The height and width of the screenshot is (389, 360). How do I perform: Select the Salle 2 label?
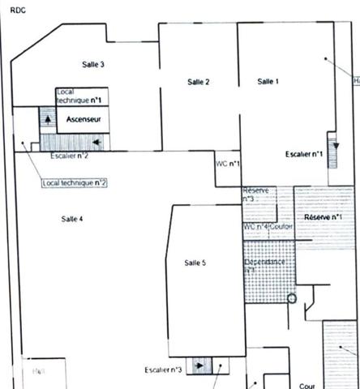pos(199,82)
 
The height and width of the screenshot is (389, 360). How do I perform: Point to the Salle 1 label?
pos(268,81)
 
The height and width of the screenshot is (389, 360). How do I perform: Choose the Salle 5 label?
pos(195,263)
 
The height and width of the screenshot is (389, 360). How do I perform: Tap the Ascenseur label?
pos(84,120)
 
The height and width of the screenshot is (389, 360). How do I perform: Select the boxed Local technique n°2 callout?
pos(75,183)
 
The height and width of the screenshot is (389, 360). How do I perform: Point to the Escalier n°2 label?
pos(69,156)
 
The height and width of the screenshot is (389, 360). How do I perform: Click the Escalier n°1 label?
pos(305,153)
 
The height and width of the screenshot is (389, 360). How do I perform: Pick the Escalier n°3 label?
pos(163,370)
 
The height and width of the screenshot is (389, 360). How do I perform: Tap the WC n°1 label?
pos(227,164)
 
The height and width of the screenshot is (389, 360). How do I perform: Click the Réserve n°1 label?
pos(323,218)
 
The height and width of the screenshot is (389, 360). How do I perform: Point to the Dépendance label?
pos(264,263)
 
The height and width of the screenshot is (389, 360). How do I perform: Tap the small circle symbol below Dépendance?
pos(293,297)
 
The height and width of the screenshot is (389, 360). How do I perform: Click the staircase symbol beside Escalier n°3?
pos(197,365)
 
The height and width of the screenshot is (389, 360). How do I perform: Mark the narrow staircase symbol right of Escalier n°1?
pos(332,149)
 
